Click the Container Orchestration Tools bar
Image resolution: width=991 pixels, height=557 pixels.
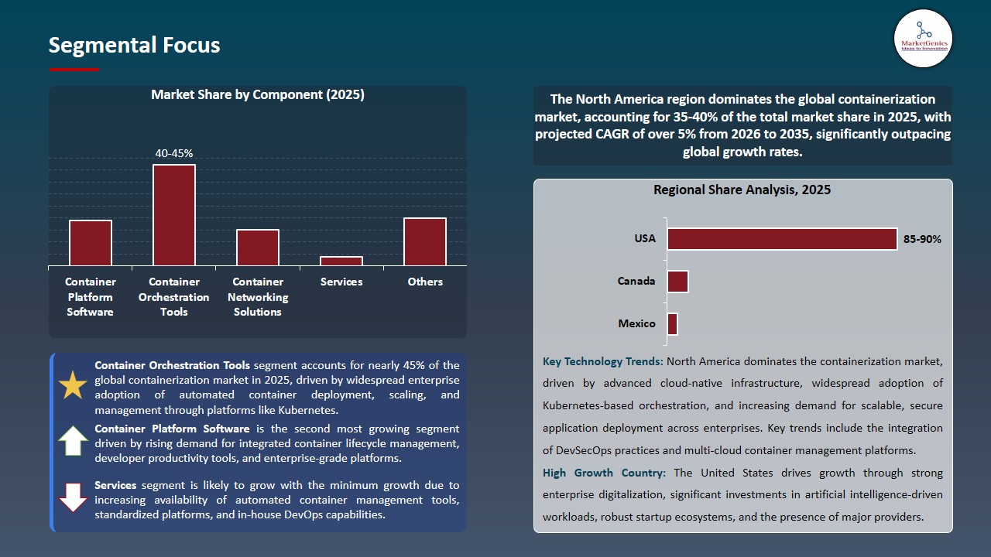(174, 215)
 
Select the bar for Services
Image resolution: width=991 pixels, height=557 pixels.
(341, 261)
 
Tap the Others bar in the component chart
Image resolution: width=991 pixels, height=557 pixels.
(425, 241)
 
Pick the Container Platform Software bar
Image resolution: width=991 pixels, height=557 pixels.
(91, 243)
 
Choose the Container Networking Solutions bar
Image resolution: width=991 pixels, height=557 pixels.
(258, 248)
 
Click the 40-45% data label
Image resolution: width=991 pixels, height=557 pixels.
(174, 153)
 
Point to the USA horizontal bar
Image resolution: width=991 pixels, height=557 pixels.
(782, 239)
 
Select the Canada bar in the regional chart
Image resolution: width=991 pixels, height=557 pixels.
(677, 282)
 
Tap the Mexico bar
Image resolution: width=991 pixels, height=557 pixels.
(672, 324)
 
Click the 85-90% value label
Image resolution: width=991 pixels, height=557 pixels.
(922, 239)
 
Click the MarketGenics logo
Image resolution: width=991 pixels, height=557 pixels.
(923, 38)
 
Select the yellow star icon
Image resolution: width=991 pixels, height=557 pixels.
(73, 385)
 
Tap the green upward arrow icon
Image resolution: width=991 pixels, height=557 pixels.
(73, 441)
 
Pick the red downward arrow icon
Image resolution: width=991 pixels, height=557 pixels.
(73, 497)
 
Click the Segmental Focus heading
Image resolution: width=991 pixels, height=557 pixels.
(134, 45)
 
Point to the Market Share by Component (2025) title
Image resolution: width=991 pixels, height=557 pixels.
(257, 94)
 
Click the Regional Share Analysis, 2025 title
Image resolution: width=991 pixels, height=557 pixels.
(742, 190)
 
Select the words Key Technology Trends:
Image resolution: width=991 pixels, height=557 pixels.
(602, 361)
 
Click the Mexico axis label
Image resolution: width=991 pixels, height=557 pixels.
(636, 323)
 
